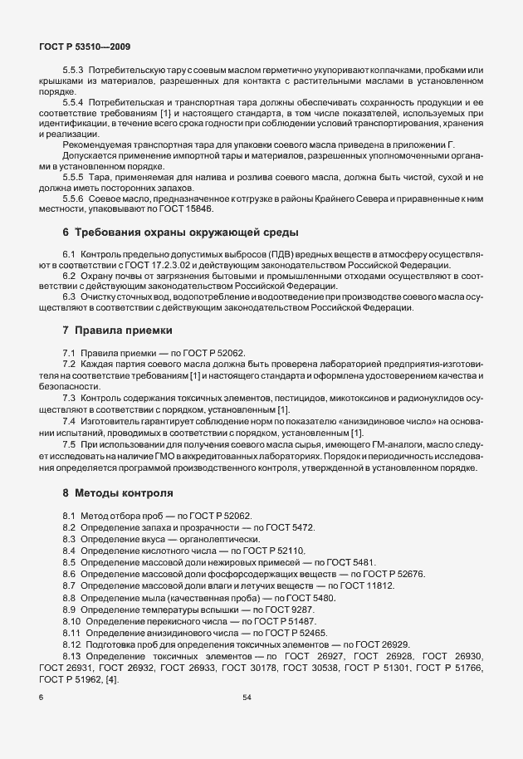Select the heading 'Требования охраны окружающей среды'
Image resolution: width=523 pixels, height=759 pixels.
coord(186,231)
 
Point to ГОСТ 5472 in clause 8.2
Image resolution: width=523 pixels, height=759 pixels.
coord(291,527)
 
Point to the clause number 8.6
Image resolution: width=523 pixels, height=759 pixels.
coord(69,574)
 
